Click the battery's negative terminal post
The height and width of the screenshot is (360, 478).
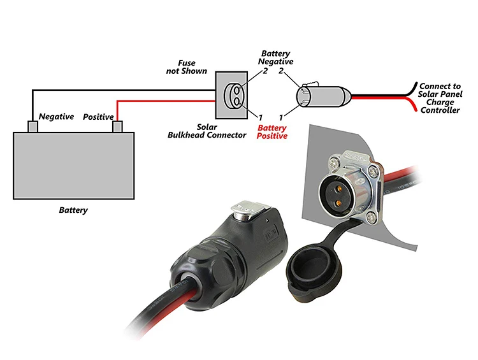pyautogui.click(x=32, y=126)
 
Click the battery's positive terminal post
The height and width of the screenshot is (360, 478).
pyautogui.click(x=117, y=126)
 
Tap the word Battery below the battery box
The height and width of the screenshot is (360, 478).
pyautogui.click(x=73, y=210)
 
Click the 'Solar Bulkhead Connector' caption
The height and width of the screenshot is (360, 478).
pyautogui.click(x=206, y=131)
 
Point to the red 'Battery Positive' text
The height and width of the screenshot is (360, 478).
pyautogui.click(x=272, y=131)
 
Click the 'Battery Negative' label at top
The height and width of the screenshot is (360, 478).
pyautogui.click(x=275, y=57)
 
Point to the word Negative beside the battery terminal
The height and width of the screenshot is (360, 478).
pyautogui.click(x=57, y=117)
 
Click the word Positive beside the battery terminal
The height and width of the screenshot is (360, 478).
pyautogui.click(x=98, y=117)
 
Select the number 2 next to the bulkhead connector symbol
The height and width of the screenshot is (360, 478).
pyautogui.click(x=265, y=71)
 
